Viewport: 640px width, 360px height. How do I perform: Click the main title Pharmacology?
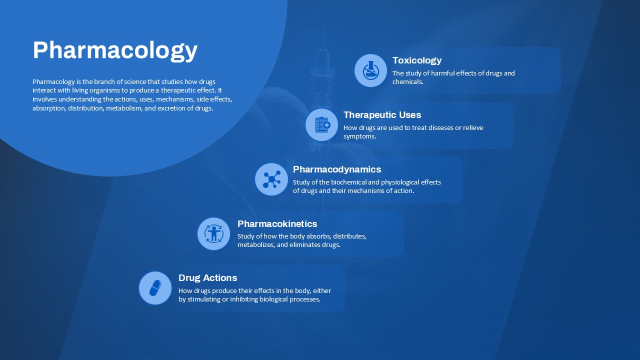coord(115,50)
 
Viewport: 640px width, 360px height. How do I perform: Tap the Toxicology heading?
coord(417,60)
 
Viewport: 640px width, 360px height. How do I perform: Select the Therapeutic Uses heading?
coord(382,115)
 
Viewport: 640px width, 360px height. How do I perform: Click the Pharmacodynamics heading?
coord(337,169)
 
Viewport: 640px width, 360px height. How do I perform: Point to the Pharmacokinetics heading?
coord(277,223)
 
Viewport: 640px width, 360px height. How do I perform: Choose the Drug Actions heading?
coord(207,278)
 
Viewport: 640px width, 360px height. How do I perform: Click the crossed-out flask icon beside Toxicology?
coord(371,70)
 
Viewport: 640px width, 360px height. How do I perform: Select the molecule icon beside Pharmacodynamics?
coord(271,179)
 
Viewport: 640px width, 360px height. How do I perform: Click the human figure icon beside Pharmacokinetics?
coord(213,233)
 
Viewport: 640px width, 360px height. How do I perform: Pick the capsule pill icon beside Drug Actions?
coord(155,288)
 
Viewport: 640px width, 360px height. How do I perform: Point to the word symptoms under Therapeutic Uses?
coord(359,136)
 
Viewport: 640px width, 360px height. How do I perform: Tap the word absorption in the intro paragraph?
coord(49,108)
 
